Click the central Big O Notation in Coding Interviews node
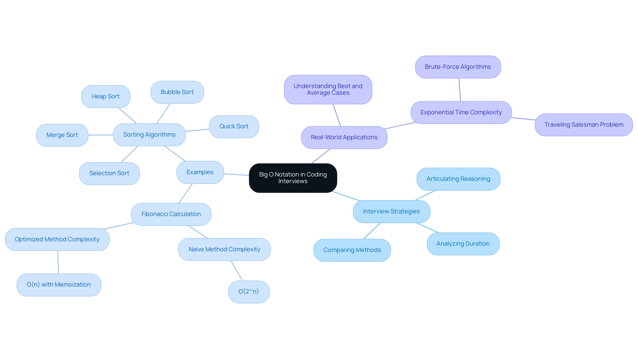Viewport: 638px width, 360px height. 293,178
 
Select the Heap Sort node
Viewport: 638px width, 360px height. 106,96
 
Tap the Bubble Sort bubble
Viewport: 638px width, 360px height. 177,92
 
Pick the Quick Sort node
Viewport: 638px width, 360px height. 234,126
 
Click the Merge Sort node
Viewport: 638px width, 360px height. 62,135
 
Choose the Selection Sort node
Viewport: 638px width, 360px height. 109,173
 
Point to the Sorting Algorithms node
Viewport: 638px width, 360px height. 149,135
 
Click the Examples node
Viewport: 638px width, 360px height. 200,172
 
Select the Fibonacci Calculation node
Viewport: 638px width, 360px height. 171,214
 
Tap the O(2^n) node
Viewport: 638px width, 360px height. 249,292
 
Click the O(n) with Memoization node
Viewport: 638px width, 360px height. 59,285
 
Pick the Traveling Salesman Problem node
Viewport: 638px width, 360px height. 584,125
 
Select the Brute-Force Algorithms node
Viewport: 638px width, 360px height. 458,67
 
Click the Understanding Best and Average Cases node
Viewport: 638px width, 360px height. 328,89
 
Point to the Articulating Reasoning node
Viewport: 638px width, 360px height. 458,179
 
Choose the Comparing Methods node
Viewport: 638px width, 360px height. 352,250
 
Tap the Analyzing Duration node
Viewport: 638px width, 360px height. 463,244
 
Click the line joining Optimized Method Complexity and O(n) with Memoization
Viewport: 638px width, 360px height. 58,262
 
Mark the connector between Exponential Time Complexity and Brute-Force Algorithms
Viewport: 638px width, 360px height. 460,90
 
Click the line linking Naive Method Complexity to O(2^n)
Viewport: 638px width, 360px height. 237,271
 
